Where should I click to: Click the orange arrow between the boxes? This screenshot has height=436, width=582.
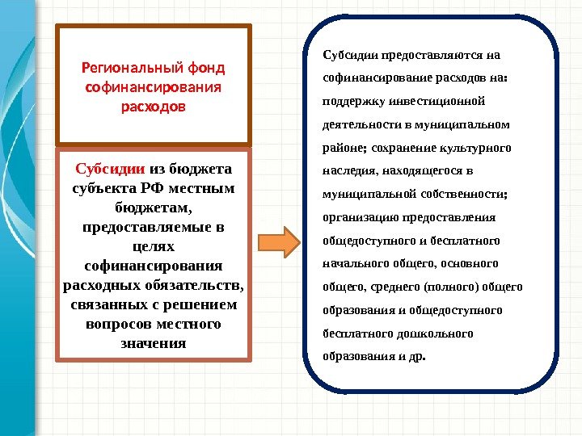(x=278, y=241)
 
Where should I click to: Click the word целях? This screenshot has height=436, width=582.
(x=154, y=245)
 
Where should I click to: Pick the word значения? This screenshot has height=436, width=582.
(x=154, y=343)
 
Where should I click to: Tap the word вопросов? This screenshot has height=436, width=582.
(x=120, y=324)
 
